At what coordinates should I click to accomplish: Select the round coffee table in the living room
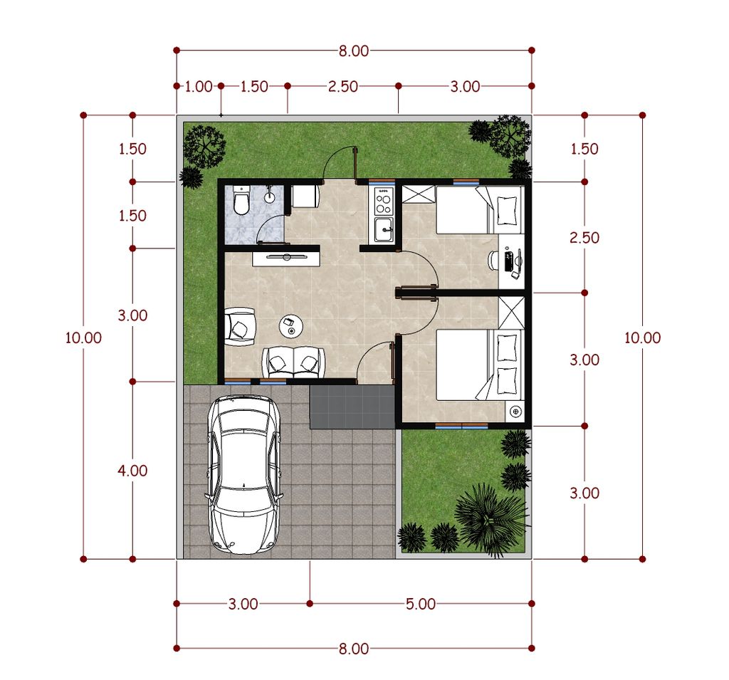pyautogui.click(x=290, y=325)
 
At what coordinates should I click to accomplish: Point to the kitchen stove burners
pyautogui.click(x=384, y=201)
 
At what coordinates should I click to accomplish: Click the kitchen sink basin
pyautogui.click(x=384, y=229)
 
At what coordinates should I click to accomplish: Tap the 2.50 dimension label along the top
pyautogui.click(x=342, y=87)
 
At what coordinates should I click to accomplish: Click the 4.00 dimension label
pyautogui.click(x=133, y=471)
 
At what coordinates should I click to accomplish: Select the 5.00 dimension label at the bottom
pyautogui.click(x=421, y=605)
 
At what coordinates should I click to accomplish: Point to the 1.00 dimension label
pyautogui.click(x=199, y=87)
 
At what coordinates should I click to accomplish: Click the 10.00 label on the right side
pyautogui.click(x=642, y=338)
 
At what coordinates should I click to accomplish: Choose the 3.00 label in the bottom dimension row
pyautogui.click(x=243, y=605)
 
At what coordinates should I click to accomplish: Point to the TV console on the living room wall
pyautogui.click(x=285, y=255)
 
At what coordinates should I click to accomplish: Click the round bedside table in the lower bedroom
pyautogui.click(x=515, y=411)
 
